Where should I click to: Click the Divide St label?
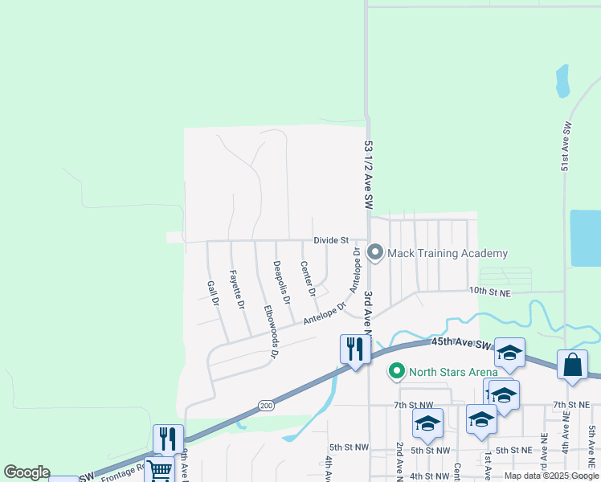pos(331,240)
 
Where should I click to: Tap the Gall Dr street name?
pos(213,293)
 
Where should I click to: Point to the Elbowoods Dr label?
pos(272,330)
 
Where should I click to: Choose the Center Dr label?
pos(306,278)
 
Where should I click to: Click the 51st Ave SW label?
pos(566,146)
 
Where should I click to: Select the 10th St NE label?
pos(491,293)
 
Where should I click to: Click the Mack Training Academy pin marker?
pos(374,253)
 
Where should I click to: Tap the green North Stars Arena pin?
pos(396,371)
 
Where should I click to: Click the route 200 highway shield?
pos(265,406)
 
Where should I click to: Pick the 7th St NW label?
pos(413,406)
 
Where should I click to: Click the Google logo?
pos(27,473)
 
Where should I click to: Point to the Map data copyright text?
pos(550,476)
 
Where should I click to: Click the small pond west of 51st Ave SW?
pos(562,81)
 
